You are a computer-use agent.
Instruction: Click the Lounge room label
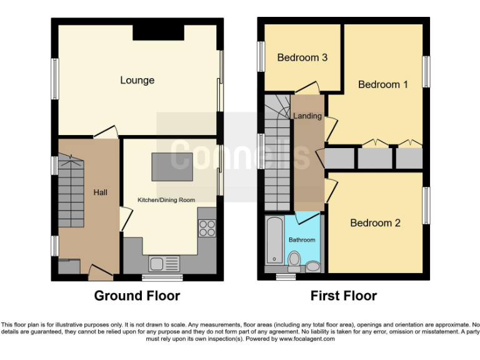(x=137, y=80)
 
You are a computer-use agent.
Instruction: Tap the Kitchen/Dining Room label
(x=166, y=200)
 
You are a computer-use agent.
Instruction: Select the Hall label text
(x=100, y=192)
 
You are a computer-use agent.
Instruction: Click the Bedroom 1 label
(x=382, y=84)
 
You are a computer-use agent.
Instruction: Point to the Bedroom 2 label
(x=375, y=223)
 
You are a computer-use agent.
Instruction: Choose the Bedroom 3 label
(x=302, y=57)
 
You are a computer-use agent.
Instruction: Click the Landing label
(x=307, y=116)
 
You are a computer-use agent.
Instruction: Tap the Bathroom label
(x=302, y=239)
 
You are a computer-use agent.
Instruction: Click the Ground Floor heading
(x=137, y=296)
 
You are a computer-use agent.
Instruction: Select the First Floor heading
(x=344, y=296)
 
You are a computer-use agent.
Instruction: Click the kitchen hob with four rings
(x=207, y=229)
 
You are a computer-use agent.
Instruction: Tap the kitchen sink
(x=163, y=263)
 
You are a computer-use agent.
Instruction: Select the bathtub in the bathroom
(x=273, y=240)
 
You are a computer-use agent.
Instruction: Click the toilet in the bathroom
(x=294, y=258)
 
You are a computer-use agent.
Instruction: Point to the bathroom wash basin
(x=313, y=267)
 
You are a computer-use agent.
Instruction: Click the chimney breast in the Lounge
(x=158, y=32)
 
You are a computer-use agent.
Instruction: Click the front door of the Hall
(x=99, y=271)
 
